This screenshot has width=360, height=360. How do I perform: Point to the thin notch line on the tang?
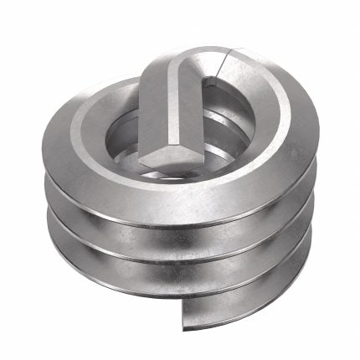(x=225, y=64)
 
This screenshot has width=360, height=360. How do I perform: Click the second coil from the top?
(x=180, y=221)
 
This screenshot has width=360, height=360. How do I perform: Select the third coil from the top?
(x=180, y=260)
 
